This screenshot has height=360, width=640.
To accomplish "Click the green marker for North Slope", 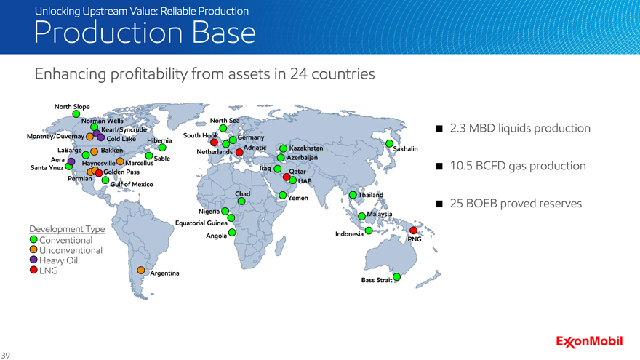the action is (76, 114).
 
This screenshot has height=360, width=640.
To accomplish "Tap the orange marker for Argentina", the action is (141, 271).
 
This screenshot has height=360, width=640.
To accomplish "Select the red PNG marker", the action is (414, 231).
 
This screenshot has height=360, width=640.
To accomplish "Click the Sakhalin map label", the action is (405, 149).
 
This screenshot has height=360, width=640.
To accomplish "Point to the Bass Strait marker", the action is (397, 277).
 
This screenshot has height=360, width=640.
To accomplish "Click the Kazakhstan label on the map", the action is (306, 148).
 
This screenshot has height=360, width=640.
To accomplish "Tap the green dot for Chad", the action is (241, 201).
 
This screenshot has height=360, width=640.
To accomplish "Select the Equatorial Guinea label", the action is (201, 223).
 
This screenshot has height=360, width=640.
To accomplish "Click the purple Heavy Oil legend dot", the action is (33, 260).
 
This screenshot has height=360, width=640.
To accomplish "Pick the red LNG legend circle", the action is (33, 270).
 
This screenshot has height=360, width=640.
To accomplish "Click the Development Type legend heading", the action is (67, 229).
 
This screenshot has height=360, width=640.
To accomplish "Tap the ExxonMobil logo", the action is (589, 342).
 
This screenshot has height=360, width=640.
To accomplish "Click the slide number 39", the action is (5, 356).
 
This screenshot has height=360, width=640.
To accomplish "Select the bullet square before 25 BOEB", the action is (439, 204).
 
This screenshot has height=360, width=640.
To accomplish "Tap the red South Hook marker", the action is (214, 143).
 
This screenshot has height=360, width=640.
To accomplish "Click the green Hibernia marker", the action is (162, 148).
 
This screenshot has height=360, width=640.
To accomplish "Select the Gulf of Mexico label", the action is (132, 185).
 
